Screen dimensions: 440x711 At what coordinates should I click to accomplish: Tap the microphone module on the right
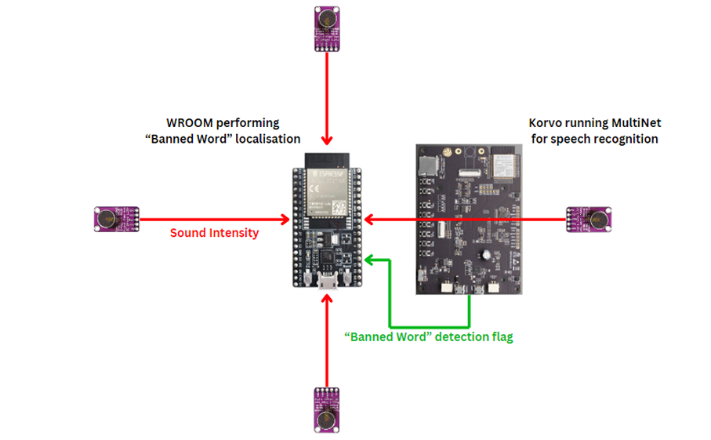[589, 218]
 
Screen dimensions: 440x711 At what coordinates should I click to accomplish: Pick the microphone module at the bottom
[326, 409]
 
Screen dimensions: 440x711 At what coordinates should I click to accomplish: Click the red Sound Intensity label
[214, 233]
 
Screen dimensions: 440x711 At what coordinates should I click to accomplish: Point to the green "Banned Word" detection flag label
[429, 337]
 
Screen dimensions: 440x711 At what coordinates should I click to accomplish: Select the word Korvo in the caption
[546, 123]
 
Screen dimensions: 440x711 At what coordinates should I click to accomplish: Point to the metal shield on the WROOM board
[326, 191]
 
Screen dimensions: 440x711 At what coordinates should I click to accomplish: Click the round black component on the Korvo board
[488, 256]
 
